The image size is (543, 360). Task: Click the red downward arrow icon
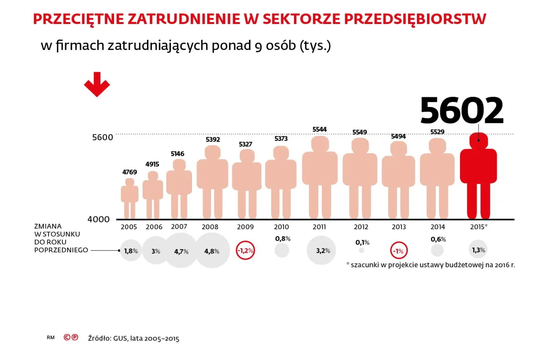tap(97, 84)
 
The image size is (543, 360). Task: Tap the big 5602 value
tap(462, 111)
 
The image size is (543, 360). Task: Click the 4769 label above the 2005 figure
tap(130, 172)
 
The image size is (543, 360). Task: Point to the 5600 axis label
tap(102, 138)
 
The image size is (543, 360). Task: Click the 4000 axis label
tap(99, 219)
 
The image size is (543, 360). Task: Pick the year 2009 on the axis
tap(245, 227)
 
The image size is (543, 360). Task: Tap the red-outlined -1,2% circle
tap(245, 251)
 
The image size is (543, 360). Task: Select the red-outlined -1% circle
tap(399, 251)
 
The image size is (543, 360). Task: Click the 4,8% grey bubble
tap(212, 251)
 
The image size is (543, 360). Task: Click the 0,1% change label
tap(362, 243)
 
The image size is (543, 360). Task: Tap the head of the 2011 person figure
tap(320, 143)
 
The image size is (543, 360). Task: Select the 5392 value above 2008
tap(213, 140)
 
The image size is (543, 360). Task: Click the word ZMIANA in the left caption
tap(48, 226)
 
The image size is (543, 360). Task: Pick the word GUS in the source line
tap(120, 338)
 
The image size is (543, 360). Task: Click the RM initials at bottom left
tap(51, 338)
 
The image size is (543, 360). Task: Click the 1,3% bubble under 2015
tap(478, 250)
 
